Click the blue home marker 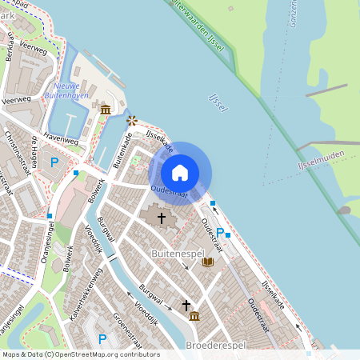pos(180,173)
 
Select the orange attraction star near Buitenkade pos(132,120)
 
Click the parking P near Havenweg pos(54,162)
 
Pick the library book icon pos(208,262)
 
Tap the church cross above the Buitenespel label pos(161,217)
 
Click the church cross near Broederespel pos(186,305)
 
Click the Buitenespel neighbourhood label pos(174,254)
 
